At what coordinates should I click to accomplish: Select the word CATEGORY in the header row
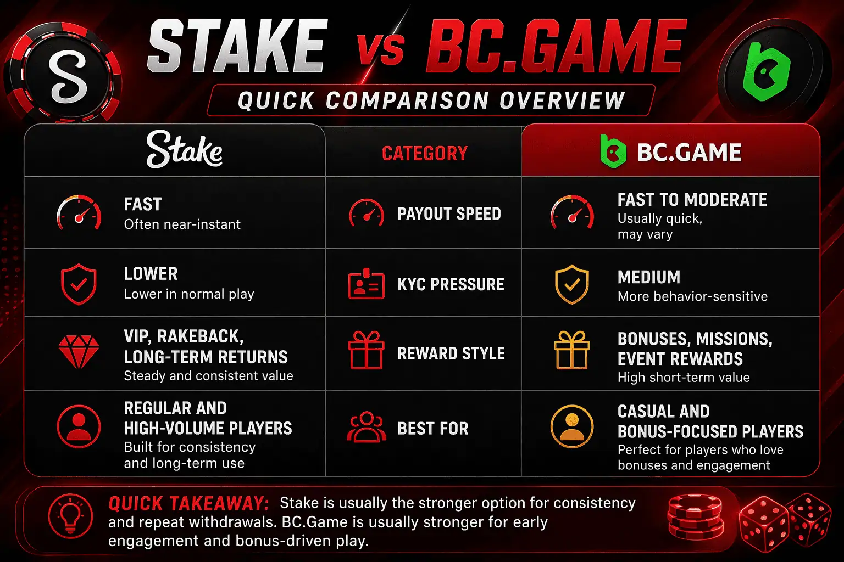point(424,153)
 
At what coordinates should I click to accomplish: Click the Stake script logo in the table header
point(184,150)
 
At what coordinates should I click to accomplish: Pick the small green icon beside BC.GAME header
point(613,151)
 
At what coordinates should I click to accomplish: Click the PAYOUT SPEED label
point(449,213)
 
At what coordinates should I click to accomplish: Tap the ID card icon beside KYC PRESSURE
point(366,284)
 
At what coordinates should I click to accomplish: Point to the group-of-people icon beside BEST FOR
point(367,427)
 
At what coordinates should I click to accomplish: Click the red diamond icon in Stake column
point(79,352)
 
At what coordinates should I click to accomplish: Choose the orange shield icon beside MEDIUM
point(571,284)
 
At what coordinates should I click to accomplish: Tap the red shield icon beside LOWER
point(79,284)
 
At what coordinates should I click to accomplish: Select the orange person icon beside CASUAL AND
point(571,427)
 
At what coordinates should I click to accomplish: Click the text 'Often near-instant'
point(182,224)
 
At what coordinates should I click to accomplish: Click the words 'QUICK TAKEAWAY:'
point(188,503)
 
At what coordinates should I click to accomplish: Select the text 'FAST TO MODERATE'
point(692,200)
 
